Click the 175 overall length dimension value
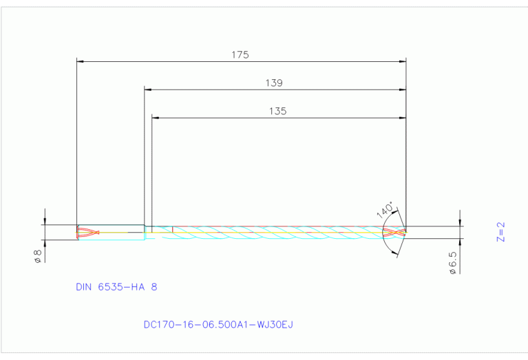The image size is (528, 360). pyautogui.click(x=240, y=54)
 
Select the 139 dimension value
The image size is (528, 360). pyautogui.click(x=274, y=83)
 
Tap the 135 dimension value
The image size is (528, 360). pyautogui.click(x=277, y=111)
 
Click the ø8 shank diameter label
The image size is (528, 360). pyautogui.click(x=39, y=256)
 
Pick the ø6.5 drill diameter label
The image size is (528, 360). pyautogui.click(x=452, y=263)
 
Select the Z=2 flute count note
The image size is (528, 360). pyautogui.click(x=500, y=231)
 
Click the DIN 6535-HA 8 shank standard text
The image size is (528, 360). pyautogui.click(x=116, y=286)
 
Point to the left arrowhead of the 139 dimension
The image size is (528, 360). pyautogui.click(x=148, y=89)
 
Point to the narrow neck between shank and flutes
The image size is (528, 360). pyautogui.click(x=148, y=232)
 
